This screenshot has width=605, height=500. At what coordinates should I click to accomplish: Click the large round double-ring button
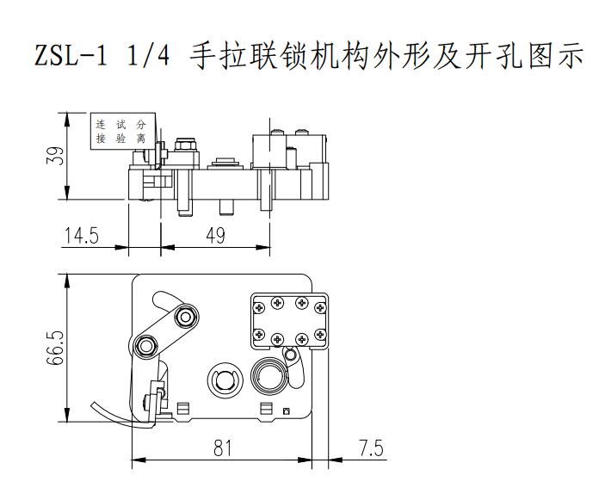(x=267, y=375)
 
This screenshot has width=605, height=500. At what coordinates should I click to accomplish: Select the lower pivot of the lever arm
(x=145, y=347)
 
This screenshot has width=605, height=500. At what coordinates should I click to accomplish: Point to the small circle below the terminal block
(x=292, y=355)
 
